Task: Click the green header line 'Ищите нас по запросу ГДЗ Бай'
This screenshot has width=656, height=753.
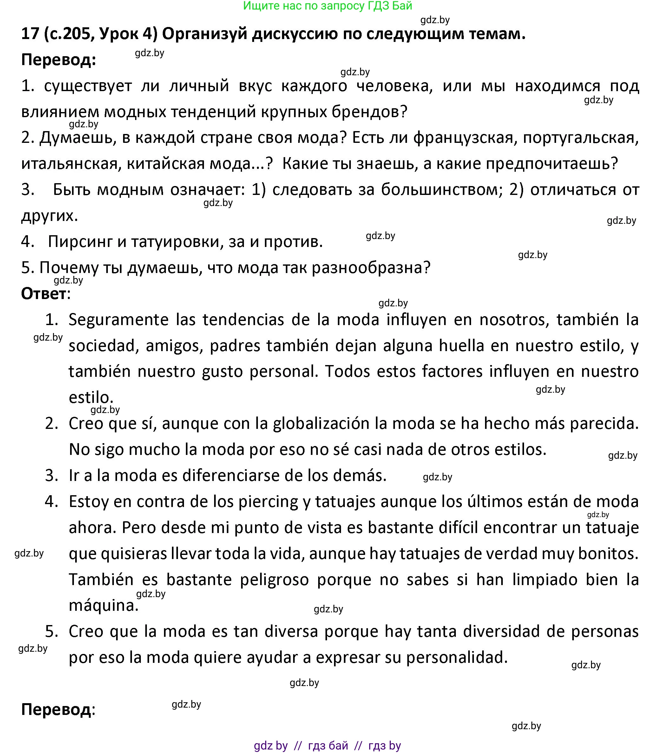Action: click(328, 6)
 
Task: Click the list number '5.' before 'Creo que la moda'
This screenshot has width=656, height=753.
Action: click(52, 632)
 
